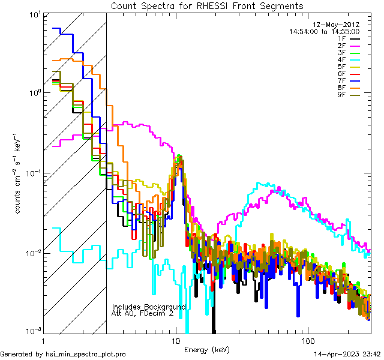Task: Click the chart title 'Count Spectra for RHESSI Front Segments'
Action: coord(207,5)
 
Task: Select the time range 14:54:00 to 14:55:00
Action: coord(325,31)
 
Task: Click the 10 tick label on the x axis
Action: coord(176,341)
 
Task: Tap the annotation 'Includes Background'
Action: coord(149,307)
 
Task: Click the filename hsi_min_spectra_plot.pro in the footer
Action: coord(86,354)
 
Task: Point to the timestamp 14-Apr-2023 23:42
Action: coord(347,354)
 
